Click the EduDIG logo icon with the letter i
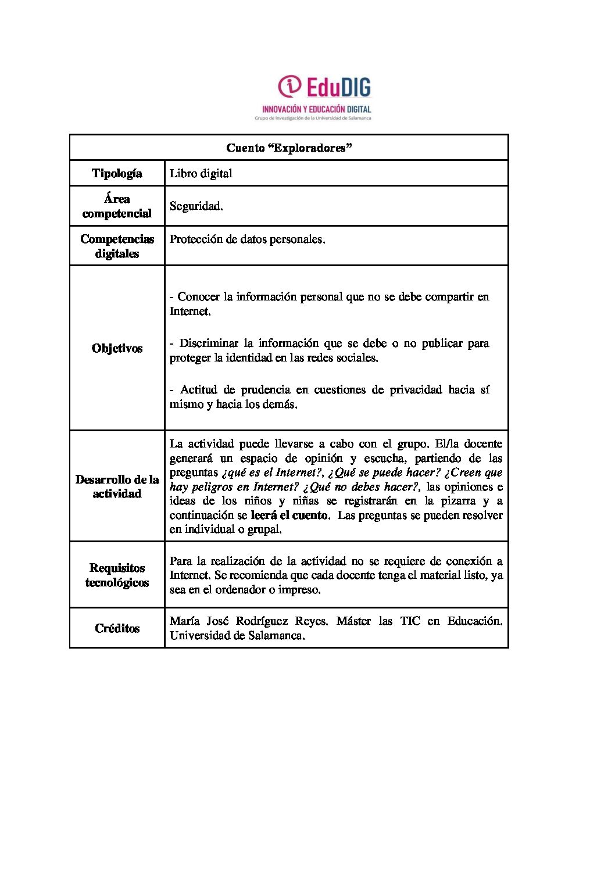(289, 87)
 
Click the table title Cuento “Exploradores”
(289, 148)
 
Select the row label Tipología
(117, 173)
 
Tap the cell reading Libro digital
(201, 173)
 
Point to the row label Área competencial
(117, 206)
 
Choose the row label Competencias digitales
(117, 246)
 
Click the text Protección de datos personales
(247, 239)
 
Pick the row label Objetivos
(117, 348)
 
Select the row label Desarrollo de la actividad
(117, 486)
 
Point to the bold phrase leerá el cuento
(289, 515)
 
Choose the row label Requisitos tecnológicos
(117, 575)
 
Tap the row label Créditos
(117, 628)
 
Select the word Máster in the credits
(353, 621)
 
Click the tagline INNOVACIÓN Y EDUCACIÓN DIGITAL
(316, 109)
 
